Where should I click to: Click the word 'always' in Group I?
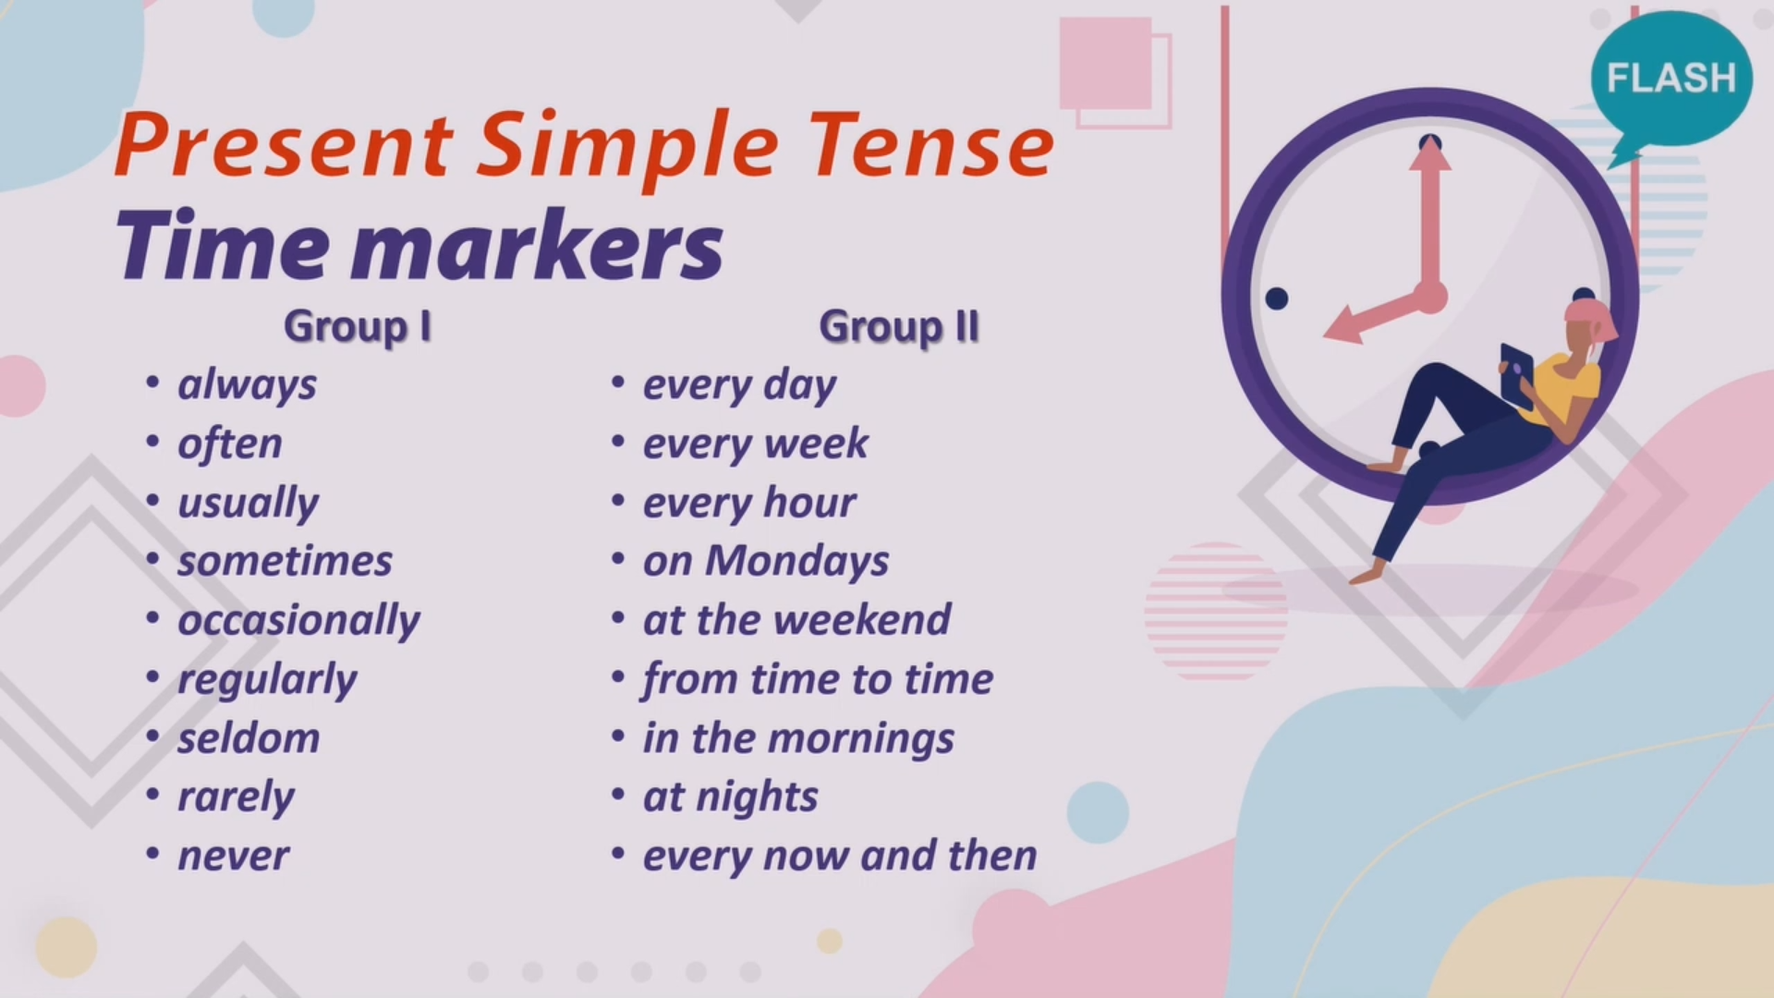pyautogui.click(x=247, y=385)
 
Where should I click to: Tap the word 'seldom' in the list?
pyautogui.click(x=249, y=738)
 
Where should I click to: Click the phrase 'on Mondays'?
pyautogui.click(x=766, y=562)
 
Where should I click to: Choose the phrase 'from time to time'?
pyautogui.click(x=818, y=679)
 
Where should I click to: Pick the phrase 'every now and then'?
pyautogui.click(x=840, y=856)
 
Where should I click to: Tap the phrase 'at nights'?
pyautogui.click(x=730, y=797)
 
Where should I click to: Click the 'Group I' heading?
pyautogui.click(x=358, y=327)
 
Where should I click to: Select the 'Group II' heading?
pyautogui.click(x=899, y=327)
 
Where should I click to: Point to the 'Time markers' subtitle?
pyautogui.click(x=419, y=245)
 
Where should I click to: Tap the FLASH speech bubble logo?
pyautogui.click(x=1671, y=81)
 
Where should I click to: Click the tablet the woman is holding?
pyautogui.click(x=1516, y=374)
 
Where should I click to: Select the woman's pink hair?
pyautogui.click(x=1591, y=315)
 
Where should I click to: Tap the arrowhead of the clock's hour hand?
pyautogui.click(x=1344, y=325)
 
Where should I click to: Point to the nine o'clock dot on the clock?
pyautogui.click(x=1277, y=298)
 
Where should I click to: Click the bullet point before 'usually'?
pyautogui.click(x=152, y=501)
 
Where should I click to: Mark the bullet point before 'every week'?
pyautogui.click(x=618, y=442)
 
